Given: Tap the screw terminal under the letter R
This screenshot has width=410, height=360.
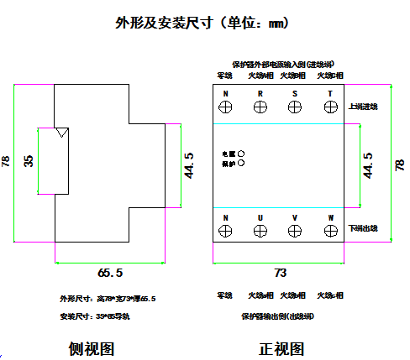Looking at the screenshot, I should click(x=260, y=107).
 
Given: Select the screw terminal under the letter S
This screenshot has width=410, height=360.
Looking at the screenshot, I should click(x=295, y=107).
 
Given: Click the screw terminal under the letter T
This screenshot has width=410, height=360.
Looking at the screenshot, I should click(x=330, y=107).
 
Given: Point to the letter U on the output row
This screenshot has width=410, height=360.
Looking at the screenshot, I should click(x=260, y=217).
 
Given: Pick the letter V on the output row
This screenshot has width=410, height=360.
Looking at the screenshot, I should click(x=295, y=217).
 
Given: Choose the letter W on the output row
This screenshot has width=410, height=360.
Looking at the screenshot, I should click(x=330, y=217).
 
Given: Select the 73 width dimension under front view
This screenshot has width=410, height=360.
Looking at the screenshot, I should click(x=281, y=273).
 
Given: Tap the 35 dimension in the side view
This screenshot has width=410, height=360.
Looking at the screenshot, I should click(x=29, y=160).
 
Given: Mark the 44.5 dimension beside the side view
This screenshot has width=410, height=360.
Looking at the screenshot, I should click(x=190, y=164).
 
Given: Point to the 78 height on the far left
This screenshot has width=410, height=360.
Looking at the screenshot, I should click(x=8, y=160).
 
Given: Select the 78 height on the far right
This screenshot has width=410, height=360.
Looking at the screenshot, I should click(x=399, y=165).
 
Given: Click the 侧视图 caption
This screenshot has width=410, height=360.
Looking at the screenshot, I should click(x=92, y=348).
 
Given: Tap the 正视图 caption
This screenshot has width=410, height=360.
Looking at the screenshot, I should click(x=281, y=348).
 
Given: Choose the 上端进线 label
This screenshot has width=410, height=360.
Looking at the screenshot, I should click(x=363, y=107).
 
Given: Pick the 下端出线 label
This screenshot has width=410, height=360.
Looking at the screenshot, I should click(x=363, y=228).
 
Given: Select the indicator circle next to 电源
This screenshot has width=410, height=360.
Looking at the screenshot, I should click(x=242, y=154).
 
